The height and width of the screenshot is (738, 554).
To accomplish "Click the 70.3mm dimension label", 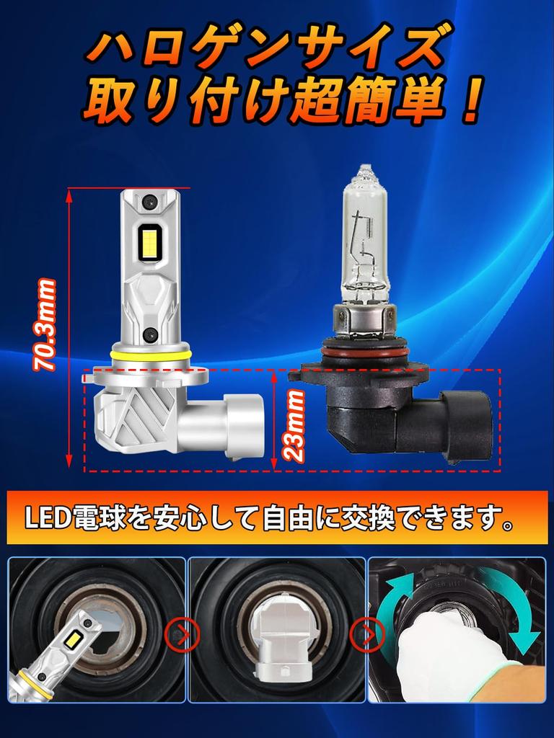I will click(45, 325).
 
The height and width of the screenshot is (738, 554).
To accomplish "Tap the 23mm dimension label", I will click(294, 425).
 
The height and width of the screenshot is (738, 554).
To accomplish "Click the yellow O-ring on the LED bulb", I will click(151, 355).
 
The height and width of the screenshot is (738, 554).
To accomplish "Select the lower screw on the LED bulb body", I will click(150, 333).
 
